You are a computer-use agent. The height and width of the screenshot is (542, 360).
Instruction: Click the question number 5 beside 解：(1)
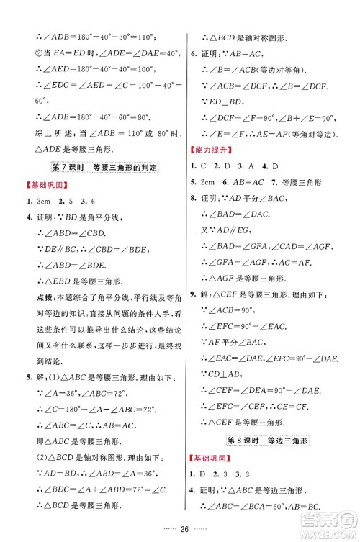coord(28,379)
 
